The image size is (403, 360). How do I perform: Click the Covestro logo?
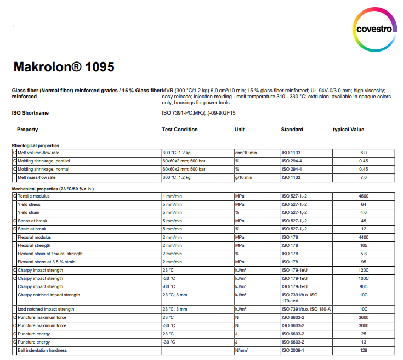[374, 29]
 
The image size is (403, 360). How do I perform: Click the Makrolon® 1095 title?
[64, 67]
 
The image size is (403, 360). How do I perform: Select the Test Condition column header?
[179, 130]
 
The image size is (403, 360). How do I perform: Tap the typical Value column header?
[348, 130]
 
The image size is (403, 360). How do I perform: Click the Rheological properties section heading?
[36, 145]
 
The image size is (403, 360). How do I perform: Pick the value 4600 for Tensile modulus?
[364, 196]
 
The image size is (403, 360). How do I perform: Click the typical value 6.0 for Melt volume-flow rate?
[364, 153]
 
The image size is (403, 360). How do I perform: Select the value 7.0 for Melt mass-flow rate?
[364, 177]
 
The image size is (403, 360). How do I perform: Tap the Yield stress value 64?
[364, 204]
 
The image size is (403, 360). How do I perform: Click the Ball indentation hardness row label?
[43, 350]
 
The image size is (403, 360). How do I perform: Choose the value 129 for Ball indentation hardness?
[364, 350]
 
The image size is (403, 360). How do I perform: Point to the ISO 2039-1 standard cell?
[294, 350]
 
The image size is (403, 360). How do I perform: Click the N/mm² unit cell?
[242, 350]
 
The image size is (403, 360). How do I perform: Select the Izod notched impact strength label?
[46, 309]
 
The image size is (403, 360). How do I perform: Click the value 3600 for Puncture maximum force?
[364, 317]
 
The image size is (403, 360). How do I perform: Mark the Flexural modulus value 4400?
[364, 237]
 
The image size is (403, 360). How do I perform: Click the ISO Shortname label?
[30, 113]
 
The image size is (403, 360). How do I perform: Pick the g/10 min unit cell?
[243, 177]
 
